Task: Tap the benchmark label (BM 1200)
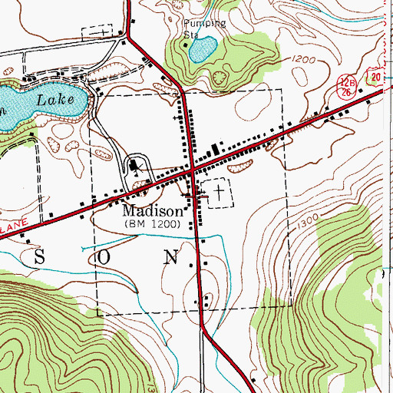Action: (x=153, y=224)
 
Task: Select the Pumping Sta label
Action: (x=205, y=28)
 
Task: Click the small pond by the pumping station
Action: (x=201, y=51)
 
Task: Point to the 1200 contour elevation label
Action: (x=303, y=59)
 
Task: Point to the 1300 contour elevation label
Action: (x=309, y=221)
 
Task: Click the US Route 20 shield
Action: (x=374, y=74)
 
